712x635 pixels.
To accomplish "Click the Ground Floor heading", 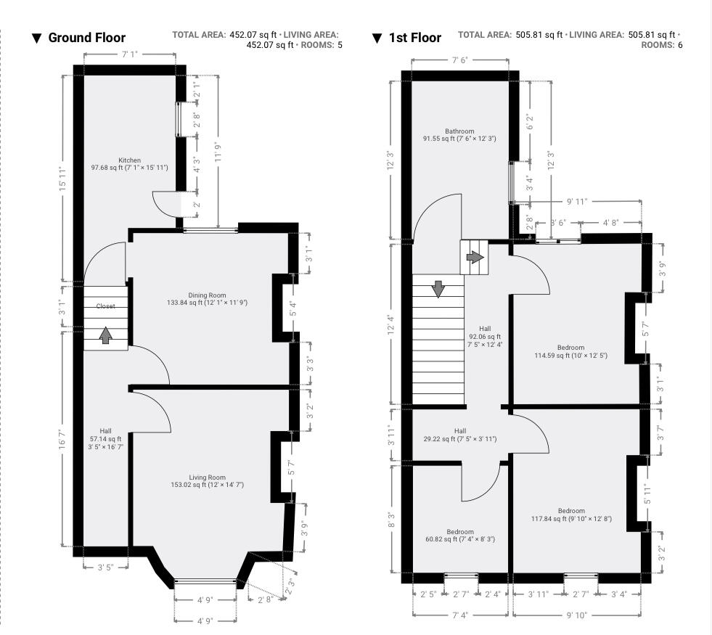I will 86,38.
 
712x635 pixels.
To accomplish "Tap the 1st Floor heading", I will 414,38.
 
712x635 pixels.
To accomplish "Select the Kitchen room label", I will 130,160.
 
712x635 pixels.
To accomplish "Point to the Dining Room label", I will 208,295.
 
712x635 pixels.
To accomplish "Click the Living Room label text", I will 208,478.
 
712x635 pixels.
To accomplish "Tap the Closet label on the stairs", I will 106,306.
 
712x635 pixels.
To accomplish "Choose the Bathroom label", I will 459,131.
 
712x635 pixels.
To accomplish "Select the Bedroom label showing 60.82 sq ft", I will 460,532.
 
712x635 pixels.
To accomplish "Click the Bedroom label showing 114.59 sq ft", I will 570,348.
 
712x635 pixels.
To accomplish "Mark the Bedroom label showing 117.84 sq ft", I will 571,511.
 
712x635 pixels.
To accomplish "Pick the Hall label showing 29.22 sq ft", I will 460,430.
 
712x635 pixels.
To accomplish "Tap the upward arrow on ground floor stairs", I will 106,335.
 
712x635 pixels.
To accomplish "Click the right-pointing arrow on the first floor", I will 475,257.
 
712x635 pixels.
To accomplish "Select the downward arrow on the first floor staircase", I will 438,289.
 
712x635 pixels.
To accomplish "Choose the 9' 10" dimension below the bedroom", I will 577,615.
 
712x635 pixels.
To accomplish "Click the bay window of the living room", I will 205,580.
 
